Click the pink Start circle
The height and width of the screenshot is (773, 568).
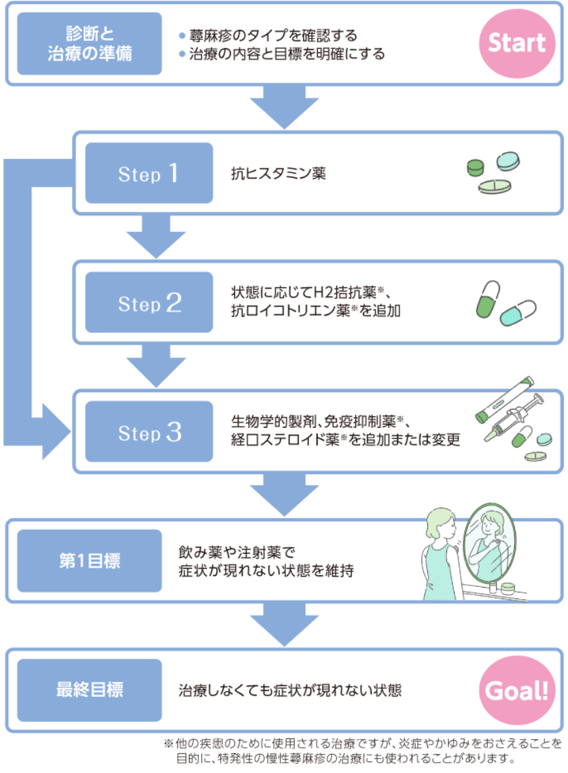(x=516, y=43)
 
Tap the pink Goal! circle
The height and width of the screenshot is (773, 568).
(x=516, y=691)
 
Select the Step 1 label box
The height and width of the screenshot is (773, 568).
(x=148, y=174)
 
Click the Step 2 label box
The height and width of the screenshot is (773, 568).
(x=148, y=303)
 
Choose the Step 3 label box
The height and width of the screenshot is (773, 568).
(x=148, y=432)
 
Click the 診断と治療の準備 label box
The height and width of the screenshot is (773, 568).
(x=90, y=43)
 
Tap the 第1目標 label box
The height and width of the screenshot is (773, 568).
(x=90, y=562)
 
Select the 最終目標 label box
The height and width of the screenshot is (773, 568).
(x=90, y=691)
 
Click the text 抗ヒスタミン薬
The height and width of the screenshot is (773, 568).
(x=279, y=174)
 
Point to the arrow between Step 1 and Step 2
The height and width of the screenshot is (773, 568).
(x=156, y=236)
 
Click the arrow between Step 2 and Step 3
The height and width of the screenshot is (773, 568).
(x=156, y=365)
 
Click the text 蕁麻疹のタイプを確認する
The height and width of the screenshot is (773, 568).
(x=272, y=35)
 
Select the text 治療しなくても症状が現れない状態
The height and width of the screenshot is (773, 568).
(x=290, y=691)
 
